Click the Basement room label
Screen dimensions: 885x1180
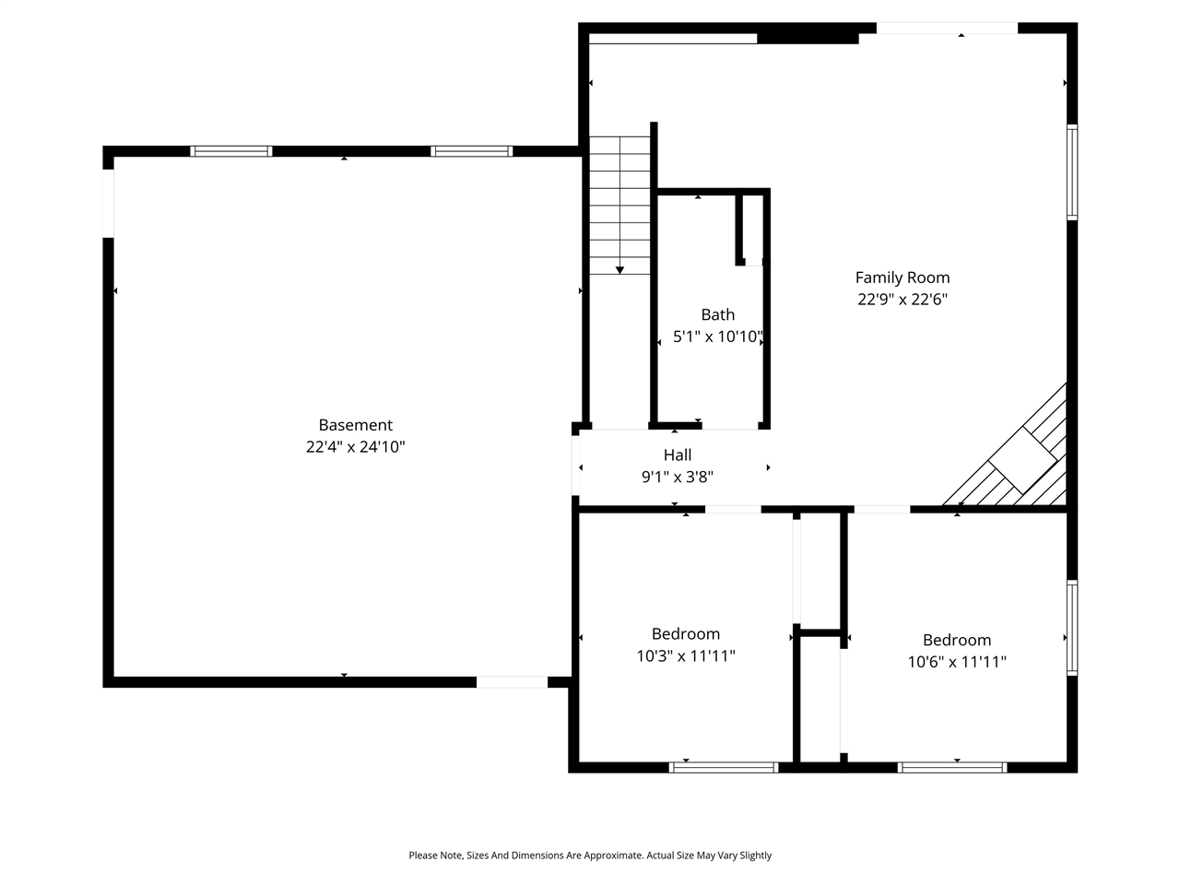point(355,425)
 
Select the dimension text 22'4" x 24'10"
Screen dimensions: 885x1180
point(355,447)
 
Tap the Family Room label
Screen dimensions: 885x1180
point(902,277)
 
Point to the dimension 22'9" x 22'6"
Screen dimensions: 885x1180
point(902,300)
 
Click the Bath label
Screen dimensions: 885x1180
point(717,315)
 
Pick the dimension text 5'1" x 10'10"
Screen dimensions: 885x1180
point(717,337)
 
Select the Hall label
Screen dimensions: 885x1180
point(677,455)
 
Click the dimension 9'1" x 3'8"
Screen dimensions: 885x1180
point(677,478)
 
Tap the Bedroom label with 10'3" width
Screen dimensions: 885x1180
point(685,634)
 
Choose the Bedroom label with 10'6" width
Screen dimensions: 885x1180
point(956,641)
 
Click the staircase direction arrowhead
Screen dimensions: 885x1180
point(619,269)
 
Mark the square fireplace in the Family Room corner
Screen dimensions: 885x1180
point(1023,460)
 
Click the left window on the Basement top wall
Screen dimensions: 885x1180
point(231,151)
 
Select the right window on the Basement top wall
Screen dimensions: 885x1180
point(471,151)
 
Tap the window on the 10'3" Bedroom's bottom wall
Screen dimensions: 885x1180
point(724,767)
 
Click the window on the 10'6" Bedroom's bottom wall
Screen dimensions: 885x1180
point(952,767)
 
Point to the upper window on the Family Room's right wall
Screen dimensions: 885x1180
point(1072,172)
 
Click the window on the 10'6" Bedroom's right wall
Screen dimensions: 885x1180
point(1072,628)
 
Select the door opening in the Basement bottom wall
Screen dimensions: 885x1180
point(512,682)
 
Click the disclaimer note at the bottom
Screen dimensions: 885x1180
point(590,855)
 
